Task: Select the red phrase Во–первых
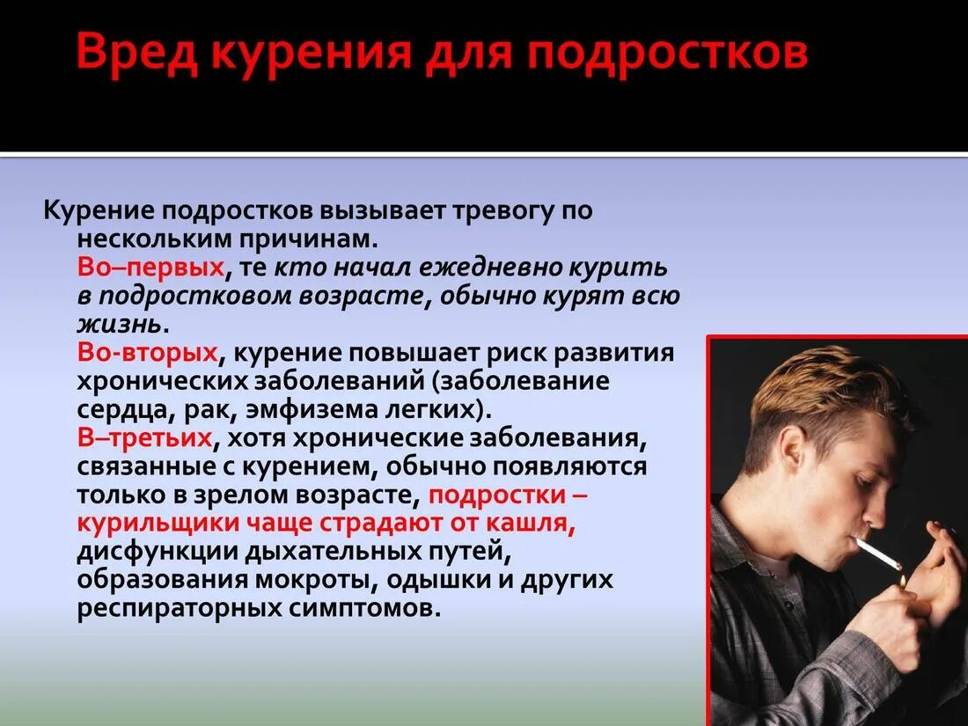point(150,267)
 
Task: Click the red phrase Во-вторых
point(147,352)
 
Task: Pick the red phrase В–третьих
point(145,437)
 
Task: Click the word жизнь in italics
point(120,324)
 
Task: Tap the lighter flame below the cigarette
point(901,582)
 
